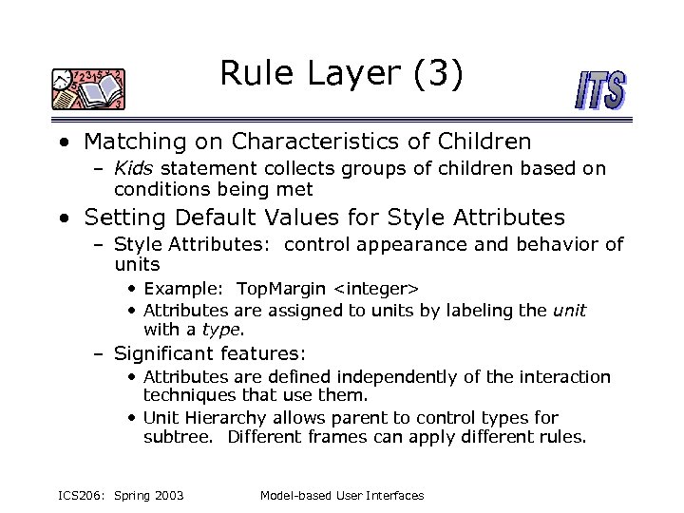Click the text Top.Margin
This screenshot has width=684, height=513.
coord(280,288)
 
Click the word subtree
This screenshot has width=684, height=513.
coord(180,438)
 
